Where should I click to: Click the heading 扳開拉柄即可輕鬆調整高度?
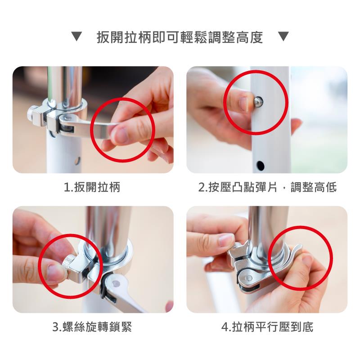pos(180,37)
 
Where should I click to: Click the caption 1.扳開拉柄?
pos(92,187)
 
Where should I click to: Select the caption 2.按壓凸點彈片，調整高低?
pos(267,187)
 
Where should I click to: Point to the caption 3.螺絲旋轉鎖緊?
pos(92,327)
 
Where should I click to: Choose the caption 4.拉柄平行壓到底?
pos(267,327)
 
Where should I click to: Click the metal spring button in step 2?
pos(258,101)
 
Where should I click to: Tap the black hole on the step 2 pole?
pos(261,165)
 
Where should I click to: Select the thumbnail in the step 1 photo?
pos(119,135)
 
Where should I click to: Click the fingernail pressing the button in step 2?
pos(244,104)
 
